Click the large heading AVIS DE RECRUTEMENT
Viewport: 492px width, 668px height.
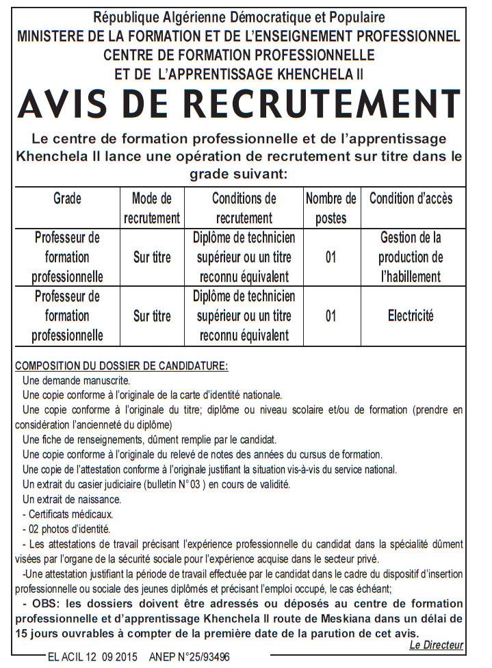click(239, 103)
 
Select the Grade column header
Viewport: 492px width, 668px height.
click(67, 198)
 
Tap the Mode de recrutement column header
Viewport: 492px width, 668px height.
click(152, 208)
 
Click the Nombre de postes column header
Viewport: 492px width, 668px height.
click(331, 208)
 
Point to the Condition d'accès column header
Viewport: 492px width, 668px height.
click(411, 198)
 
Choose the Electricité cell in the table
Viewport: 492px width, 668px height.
click(411, 316)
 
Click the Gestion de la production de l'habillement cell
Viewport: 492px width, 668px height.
click(411, 257)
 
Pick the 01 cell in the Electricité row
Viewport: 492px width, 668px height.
click(331, 316)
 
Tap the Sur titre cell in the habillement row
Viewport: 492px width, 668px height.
click(152, 257)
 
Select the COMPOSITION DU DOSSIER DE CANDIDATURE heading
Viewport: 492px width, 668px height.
click(122, 365)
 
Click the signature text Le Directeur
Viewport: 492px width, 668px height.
click(436, 645)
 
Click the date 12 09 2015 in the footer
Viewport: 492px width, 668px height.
click(111, 657)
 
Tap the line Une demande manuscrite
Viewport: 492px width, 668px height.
click(76, 380)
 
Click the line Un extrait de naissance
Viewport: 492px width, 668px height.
click(72, 499)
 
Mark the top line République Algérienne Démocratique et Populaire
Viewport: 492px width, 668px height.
click(239, 16)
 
